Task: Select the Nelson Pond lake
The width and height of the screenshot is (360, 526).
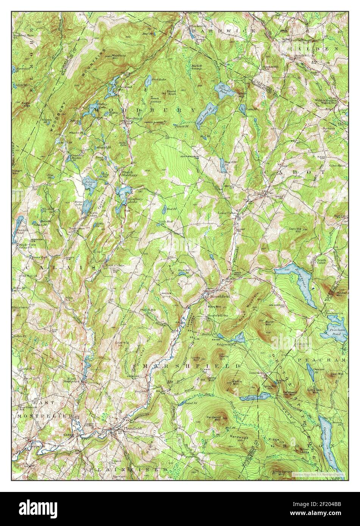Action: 90,183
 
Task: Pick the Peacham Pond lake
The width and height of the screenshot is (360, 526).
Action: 333,331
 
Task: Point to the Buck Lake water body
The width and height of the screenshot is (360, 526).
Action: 148,80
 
